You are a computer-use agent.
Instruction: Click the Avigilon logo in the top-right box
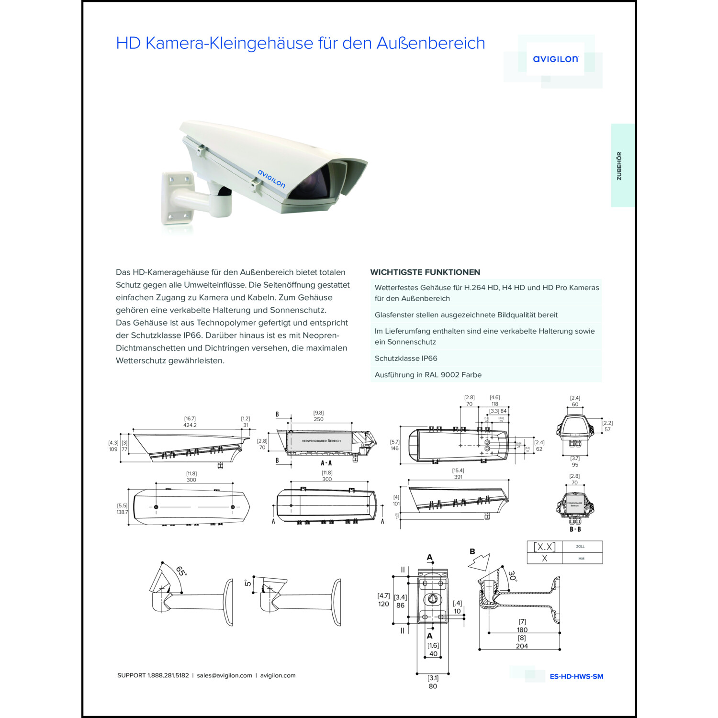[x=555, y=59]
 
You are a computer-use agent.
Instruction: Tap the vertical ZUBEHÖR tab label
[x=619, y=166]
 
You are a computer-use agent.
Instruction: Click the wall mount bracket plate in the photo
[x=177, y=198]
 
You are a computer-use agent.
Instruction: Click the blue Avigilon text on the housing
[x=271, y=179]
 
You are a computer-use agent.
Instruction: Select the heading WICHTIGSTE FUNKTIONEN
[x=425, y=272]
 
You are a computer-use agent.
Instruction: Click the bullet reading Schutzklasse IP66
[x=406, y=358]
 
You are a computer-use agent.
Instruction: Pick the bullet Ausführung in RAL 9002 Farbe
[x=428, y=375]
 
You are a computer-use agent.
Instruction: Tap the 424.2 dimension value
[x=190, y=425]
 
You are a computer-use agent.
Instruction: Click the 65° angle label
[x=181, y=571]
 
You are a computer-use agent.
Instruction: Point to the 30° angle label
[x=513, y=576]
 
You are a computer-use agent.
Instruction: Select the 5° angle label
[x=248, y=583]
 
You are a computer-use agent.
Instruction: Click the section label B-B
[x=575, y=529]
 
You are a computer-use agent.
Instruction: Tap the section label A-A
[x=326, y=463]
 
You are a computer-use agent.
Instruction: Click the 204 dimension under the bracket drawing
[x=522, y=646]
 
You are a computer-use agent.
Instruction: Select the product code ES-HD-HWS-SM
[x=576, y=676]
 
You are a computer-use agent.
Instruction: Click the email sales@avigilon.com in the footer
[x=224, y=675]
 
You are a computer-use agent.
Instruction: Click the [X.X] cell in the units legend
[x=544, y=547]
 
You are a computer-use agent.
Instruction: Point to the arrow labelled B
[x=480, y=560]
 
